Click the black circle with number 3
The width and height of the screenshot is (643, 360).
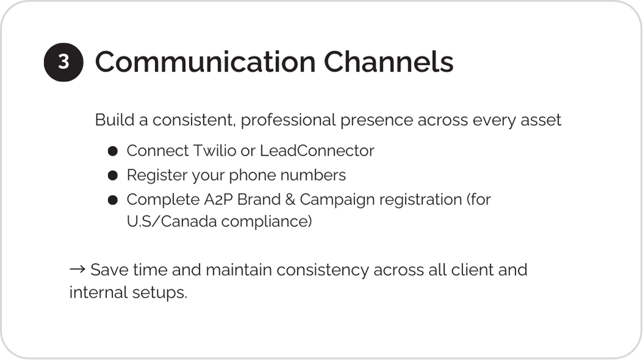point(64,62)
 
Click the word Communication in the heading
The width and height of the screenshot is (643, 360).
point(205,62)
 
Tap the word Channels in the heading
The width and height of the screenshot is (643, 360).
point(389,62)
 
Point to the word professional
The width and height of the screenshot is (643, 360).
point(288,121)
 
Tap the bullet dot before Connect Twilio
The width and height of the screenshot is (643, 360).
point(113,151)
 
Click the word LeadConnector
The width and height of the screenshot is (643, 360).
point(317,151)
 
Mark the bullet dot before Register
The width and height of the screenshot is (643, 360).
point(113,176)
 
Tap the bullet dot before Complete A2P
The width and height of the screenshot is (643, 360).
point(113,200)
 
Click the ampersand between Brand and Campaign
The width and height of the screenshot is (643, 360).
point(290,200)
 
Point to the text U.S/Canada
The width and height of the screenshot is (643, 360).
point(172,221)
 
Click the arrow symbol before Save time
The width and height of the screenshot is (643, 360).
point(77,269)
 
